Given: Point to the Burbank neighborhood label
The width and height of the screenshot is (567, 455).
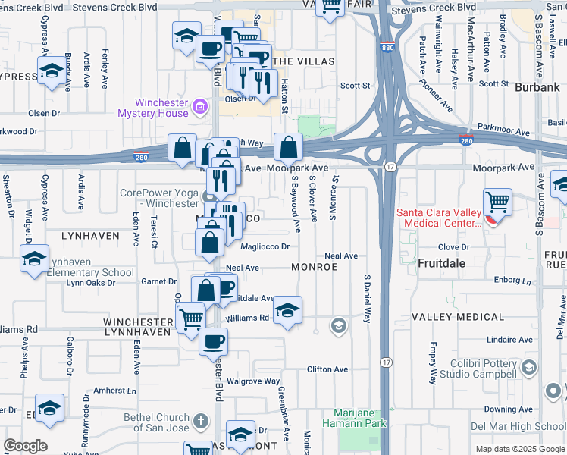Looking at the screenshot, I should (536, 88).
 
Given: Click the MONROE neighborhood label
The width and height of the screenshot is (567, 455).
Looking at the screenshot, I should (314, 268).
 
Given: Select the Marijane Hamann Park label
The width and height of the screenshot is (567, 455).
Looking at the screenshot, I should (349, 418).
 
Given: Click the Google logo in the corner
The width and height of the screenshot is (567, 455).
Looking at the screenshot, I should (25, 446).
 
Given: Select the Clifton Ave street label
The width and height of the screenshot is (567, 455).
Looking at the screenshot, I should (327, 369).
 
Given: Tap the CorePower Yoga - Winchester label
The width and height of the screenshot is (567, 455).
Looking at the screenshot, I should (159, 198).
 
